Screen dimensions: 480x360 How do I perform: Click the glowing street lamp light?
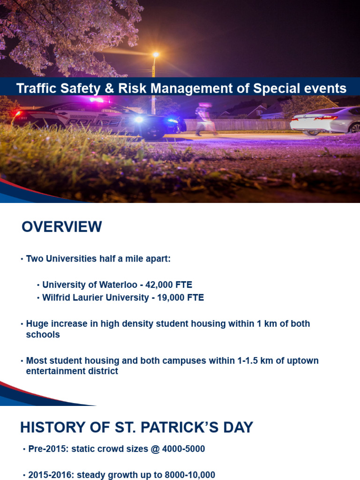tap(156, 55)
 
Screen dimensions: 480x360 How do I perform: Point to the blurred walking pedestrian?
tap(204, 119)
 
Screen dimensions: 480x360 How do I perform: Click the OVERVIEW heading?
tap(61, 227)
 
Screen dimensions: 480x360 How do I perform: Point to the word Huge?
tap(36, 323)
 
